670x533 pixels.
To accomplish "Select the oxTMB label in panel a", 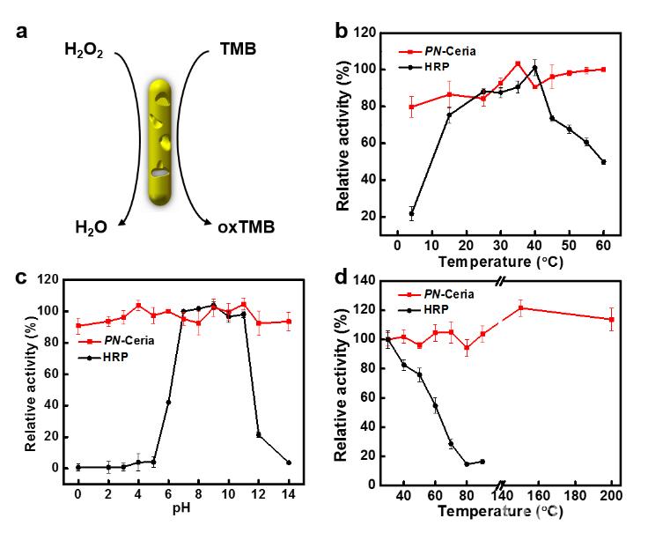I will (246, 227).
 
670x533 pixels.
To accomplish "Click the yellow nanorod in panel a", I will (159, 141).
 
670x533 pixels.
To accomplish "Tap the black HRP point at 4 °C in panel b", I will (411, 213).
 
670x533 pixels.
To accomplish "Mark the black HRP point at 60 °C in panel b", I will (603, 161).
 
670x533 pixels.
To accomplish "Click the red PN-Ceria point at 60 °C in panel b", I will (603, 70).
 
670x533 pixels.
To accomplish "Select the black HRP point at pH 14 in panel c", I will (289, 463).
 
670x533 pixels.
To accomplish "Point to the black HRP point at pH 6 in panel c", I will (168, 402).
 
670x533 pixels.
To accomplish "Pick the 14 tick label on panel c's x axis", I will (289, 496).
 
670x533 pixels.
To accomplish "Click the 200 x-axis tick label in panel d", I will (611, 496).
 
